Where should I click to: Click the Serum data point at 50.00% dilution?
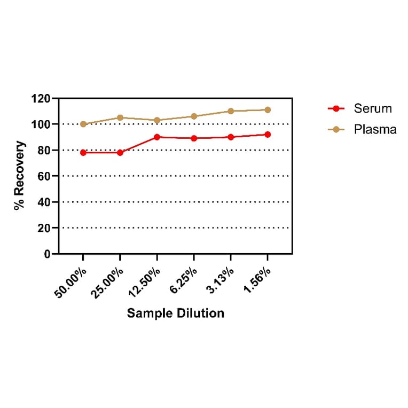(x=83, y=153)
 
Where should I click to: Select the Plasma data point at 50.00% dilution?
(x=83, y=124)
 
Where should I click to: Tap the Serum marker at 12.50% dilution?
(x=157, y=137)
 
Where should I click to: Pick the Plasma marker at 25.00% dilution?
(x=120, y=117)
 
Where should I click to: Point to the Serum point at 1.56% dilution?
(x=268, y=135)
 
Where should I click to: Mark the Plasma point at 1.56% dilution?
(x=268, y=110)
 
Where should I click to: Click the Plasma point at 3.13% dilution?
(x=231, y=111)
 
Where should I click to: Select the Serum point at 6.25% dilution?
(x=194, y=138)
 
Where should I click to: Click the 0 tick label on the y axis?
(x=48, y=254)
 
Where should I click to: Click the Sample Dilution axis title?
(x=176, y=313)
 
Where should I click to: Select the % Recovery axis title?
(x=20, y=175)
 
